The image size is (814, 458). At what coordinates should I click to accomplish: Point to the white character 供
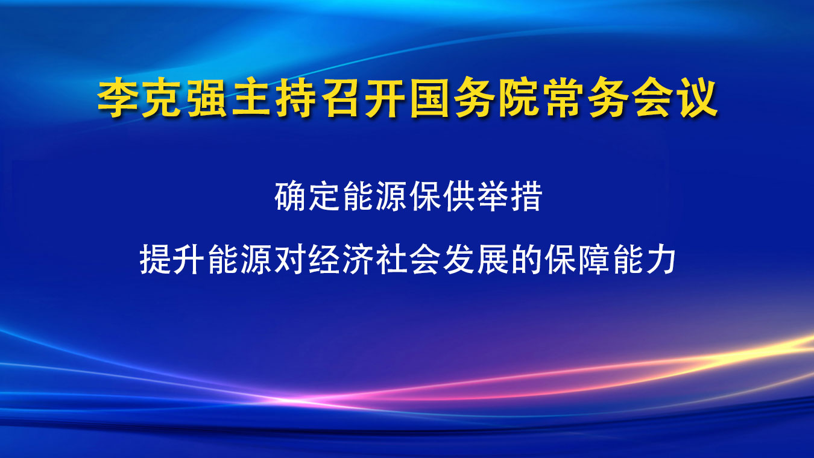point(459,196)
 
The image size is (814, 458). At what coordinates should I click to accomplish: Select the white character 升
point(189,259)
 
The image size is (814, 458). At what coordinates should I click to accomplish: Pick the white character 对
point(289,259)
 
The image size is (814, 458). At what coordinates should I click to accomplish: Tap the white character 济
point(357,259)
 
